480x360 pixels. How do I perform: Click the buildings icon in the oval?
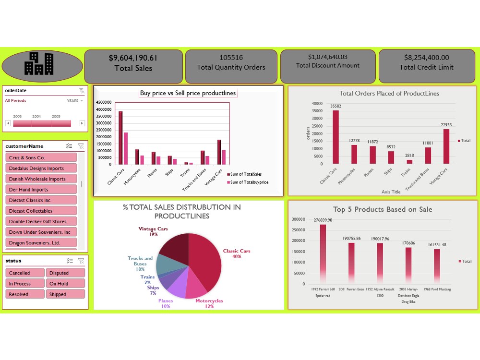point(39,64)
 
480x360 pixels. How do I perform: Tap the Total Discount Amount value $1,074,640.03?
point(327,57)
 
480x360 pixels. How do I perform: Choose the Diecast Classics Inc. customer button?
point(41,200)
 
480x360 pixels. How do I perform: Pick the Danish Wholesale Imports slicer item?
point(41,179)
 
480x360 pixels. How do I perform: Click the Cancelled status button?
point(25,273)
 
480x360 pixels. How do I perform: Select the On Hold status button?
point(65,284)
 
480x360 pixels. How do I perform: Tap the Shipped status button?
point(65,294)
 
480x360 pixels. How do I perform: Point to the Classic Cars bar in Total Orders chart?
point(336,137)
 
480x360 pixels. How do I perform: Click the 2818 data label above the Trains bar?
point(409,156)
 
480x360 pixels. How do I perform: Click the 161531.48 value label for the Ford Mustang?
point(437,245)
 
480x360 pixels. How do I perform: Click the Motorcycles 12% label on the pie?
point(209,303)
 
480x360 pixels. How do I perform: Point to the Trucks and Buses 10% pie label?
point(140,264)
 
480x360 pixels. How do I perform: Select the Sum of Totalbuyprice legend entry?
point(249,182)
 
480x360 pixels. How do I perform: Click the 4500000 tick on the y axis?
point(104,103)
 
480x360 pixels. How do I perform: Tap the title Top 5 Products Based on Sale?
point(383,209)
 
